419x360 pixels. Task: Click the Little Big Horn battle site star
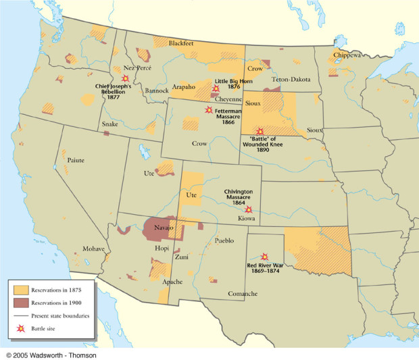point(216,88)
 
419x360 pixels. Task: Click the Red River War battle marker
point(264,257)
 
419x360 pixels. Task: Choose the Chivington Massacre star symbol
point(249,209)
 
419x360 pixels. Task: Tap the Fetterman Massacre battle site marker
point(209,109)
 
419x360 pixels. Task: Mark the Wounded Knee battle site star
point(260,131)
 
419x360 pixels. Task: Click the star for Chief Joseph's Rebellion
point(125,78)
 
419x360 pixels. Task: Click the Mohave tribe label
point(93,249)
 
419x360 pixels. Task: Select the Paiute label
point(76,160)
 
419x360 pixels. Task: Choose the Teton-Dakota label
point(291,79)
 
